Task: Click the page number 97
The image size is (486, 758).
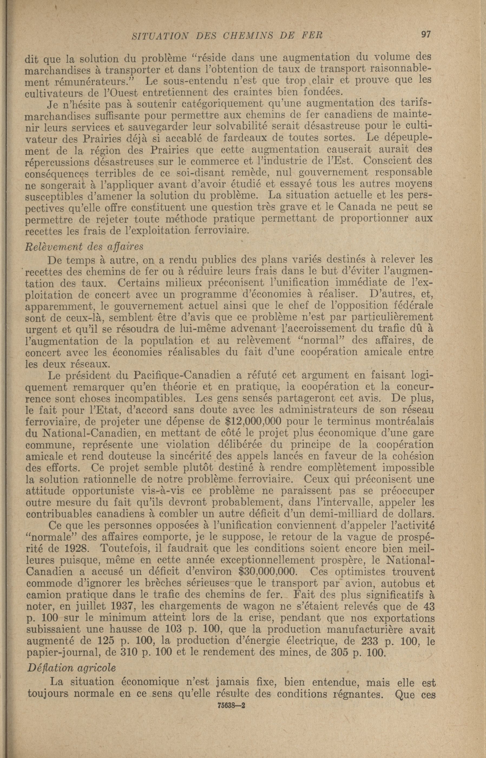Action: coord(426,34)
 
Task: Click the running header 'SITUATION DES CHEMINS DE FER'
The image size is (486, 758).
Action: coord(227,36)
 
